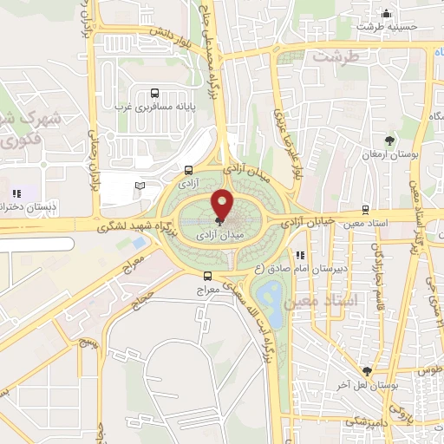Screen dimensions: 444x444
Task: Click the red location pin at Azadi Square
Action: [x=223, y=204]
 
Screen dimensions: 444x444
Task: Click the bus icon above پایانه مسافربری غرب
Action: [x=154, y=94]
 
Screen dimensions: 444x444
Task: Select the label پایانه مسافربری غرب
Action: [x=149, y=108]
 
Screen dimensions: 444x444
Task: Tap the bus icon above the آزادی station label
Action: [x=190, y=170]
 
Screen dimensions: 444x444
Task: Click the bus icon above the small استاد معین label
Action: [x=364, y=210]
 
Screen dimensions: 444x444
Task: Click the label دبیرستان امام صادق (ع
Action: [x=304, y=268]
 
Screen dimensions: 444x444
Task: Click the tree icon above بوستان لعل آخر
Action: [x=369, y=370]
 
